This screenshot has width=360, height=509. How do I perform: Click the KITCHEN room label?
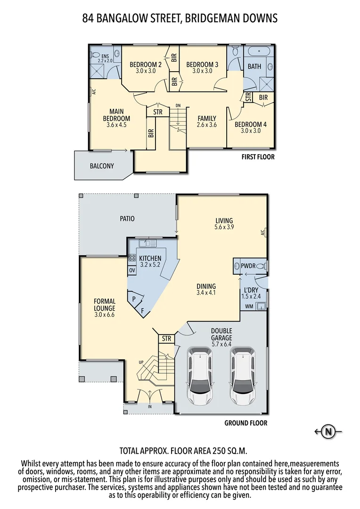pos(150,258)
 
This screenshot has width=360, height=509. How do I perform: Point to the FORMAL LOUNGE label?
pos(105,304)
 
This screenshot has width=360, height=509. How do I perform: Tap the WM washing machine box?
pos(248,307)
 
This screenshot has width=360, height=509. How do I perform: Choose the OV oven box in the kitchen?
pos(132,271)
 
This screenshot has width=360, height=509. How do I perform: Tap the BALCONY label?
pos(102,166)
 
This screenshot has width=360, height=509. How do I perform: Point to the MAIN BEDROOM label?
pos(116,115)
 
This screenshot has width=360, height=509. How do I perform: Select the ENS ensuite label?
pos(105,56)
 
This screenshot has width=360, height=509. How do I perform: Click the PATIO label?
pos(127,219)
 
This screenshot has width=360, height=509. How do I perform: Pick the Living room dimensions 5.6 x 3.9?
pos(224,227)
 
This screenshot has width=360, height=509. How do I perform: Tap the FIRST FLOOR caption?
pos(257,157)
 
